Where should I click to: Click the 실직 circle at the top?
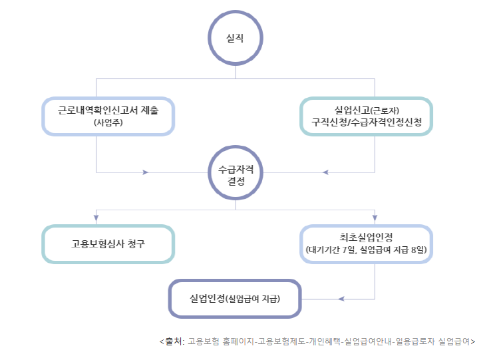tap(236, 38)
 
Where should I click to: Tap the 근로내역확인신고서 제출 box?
tap(108, 116)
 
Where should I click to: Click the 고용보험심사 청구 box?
tap(108, 244)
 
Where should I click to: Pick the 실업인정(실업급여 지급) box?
tap(235, 299)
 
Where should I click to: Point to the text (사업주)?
tap(109, 124)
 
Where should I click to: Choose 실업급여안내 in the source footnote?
tap(368, 341)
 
